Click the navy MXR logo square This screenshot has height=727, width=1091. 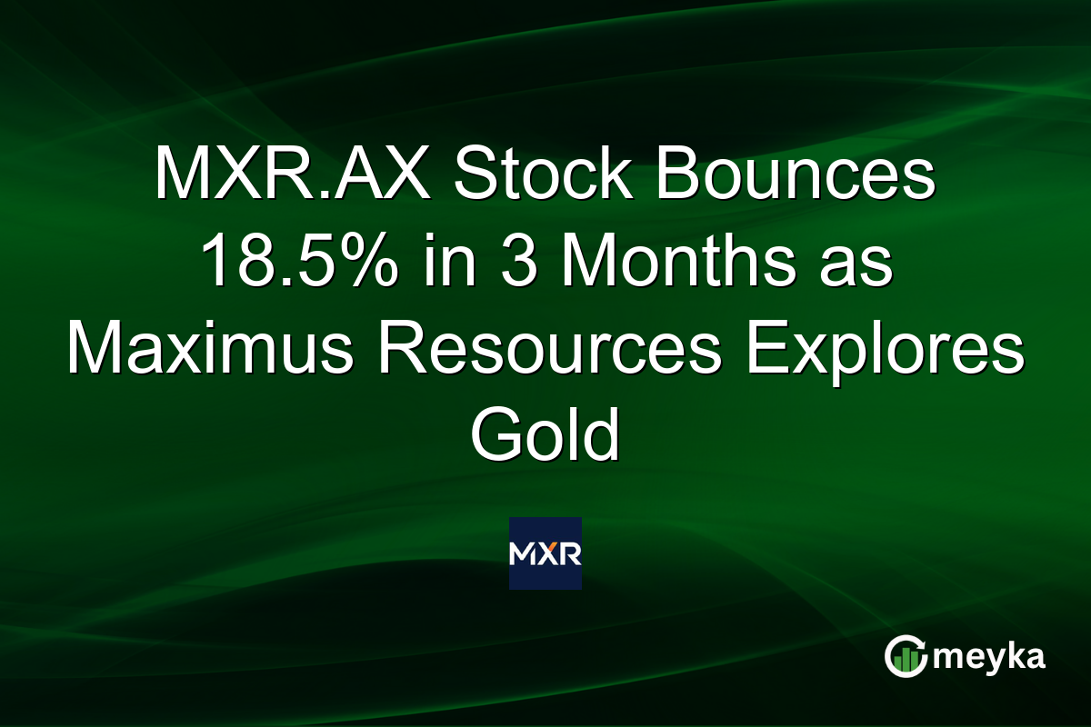pyautogui.click(x=545, y=553)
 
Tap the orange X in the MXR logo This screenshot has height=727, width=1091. pyautogui.click(x=545, y=553)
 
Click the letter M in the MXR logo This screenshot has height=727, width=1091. pyautogui.click(x=525, y=553)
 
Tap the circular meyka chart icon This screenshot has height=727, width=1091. pyautogui.click(x=906, y=657)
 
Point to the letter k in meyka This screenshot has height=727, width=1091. pyautogui.click(x=1008, y=655)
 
